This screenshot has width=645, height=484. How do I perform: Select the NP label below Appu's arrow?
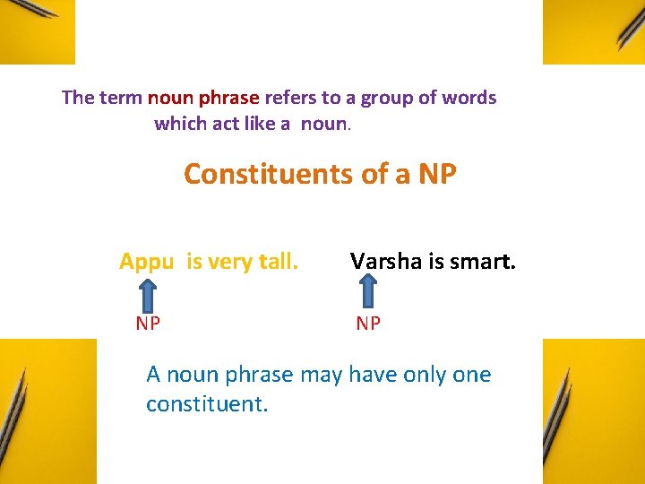pos(148,324)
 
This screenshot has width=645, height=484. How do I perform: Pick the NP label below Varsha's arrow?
pos(367,324)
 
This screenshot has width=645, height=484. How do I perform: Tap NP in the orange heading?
pos(436,174)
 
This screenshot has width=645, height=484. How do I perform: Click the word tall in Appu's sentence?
pos(277,262)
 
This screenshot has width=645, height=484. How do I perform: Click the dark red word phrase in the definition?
pos(230,98)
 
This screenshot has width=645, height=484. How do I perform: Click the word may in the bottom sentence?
pos(320,375)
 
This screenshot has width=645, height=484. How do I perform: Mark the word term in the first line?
pos(120,98)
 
